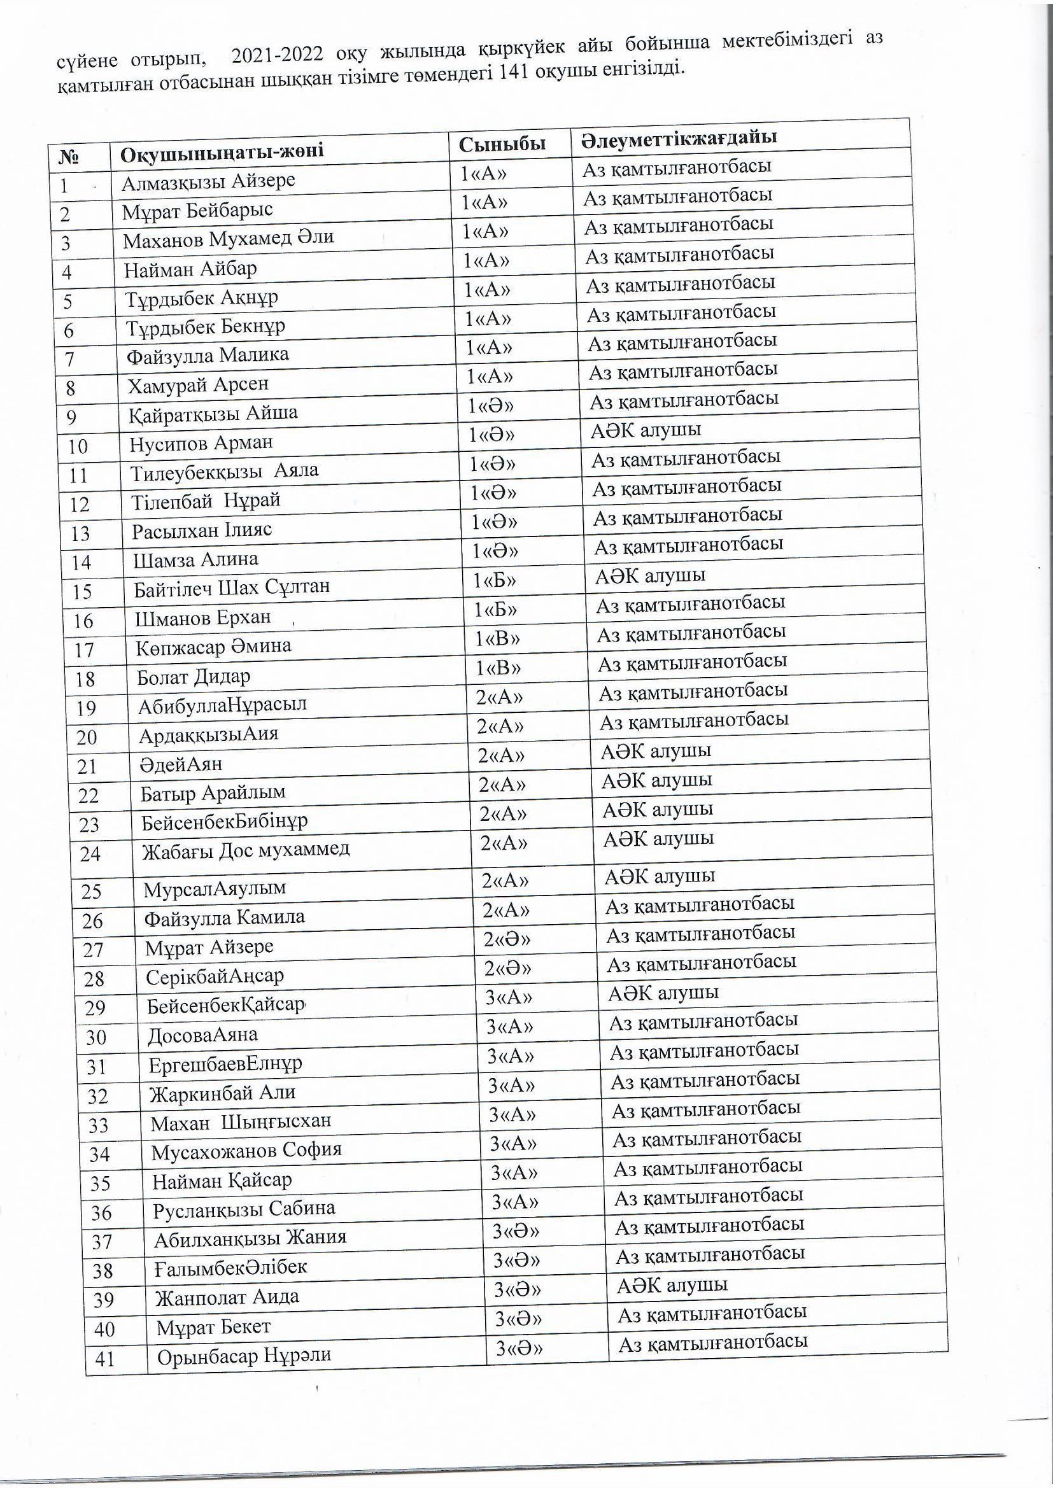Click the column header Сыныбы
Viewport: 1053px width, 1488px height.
[502, 144]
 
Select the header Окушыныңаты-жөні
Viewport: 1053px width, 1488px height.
[222, 152]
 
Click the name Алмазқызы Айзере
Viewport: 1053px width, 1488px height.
[208, 181]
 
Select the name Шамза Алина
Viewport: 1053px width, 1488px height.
[195, 559]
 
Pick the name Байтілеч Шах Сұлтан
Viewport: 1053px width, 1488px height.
[232, 587]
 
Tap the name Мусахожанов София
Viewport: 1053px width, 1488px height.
[246, 1150]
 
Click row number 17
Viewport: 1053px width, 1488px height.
[84, 650]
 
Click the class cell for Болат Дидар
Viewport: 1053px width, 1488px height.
[497, 668]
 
